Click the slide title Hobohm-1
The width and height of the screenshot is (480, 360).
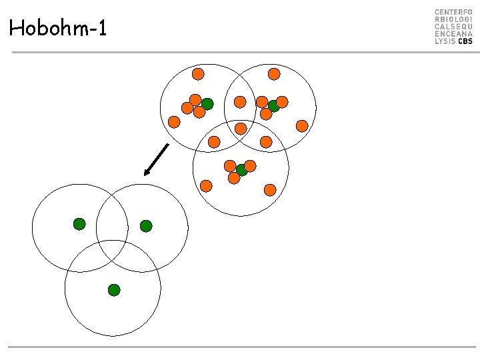click(x=58, y=29)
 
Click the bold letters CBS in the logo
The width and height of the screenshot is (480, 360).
click(x=465, y=41)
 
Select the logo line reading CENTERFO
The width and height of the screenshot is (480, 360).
click(x=453, y=13)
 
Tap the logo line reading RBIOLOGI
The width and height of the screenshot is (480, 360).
click(x=453, y=20)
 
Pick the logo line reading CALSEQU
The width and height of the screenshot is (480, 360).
click(x=453, y=27)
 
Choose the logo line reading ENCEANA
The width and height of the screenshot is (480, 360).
click(x=453, y=34)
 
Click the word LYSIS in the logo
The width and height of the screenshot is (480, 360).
click(x=445, y=41)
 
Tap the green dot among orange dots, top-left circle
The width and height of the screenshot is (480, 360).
click(x=207, y=104)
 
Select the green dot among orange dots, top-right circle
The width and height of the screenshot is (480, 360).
click(x=273, y=106)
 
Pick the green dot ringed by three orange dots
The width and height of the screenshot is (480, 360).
click(x=241, y=170)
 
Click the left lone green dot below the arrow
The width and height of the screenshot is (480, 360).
click(x=79, y=224)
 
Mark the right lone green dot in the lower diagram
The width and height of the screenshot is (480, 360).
click(x=146, y=226)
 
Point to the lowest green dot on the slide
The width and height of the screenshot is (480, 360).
click(x=114, y=290)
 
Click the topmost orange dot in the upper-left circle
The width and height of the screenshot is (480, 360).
click(x=198, y=74)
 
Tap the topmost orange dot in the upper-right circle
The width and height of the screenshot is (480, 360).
click(x=274, y=74)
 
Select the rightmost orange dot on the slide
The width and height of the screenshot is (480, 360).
click(x=302, y=126)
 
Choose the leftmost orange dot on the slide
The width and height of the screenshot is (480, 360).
click(x=174, y=122)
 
